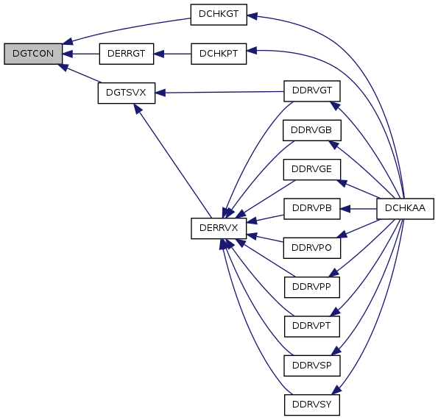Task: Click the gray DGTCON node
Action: click(33, 54)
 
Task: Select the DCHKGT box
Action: click(219, 15)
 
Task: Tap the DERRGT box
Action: click(127, 54)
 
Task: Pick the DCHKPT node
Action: click(219, 54)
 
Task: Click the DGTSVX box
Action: click(127, 93)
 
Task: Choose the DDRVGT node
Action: click(312, 91)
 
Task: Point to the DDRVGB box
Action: click(312, 130)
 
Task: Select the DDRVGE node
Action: click(312, 169)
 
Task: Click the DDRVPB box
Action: click(312, 209)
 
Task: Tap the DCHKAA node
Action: click(406, 209)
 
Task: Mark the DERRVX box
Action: click(219, 229)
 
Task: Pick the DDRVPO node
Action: click(312, 248)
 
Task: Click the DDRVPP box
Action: click(312, 287)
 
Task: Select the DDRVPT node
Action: click(312, 327)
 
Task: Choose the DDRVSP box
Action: click(312, 366)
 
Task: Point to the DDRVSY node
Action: click(312, 405)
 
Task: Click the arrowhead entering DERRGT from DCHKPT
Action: click(159, 54)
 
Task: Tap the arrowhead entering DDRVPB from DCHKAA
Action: click(345, 209)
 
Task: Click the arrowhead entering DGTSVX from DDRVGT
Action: click(160, 93)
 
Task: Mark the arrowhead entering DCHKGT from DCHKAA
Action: click(252, 16)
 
